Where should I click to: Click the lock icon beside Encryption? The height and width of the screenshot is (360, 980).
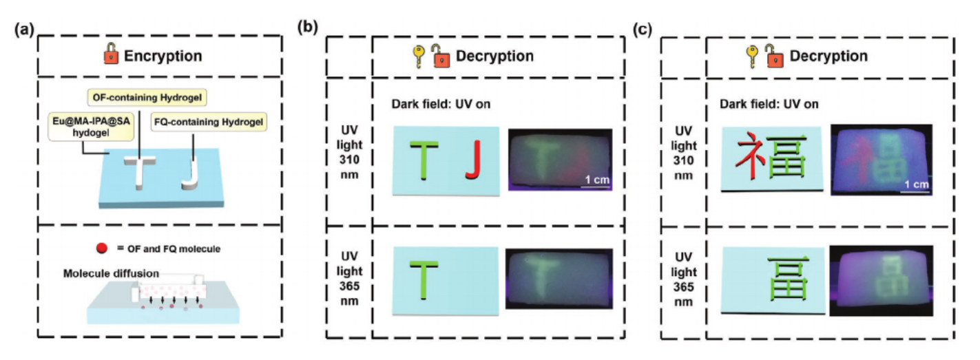tap(111, 54)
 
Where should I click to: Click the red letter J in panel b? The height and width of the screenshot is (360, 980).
tap(472, 160)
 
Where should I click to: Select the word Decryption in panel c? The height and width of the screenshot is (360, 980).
tap(828, 56)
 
